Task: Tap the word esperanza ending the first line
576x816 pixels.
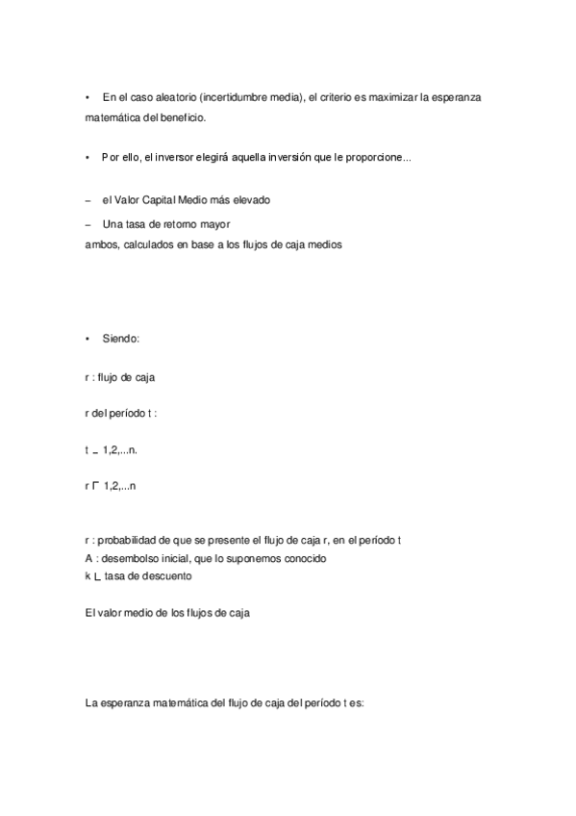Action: click(x=465, y=98)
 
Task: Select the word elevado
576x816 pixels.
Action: click(x=250, y=200)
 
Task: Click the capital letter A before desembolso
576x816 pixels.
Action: click(x=88, y=558)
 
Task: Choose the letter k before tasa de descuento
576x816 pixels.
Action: click(x=88, y=575)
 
